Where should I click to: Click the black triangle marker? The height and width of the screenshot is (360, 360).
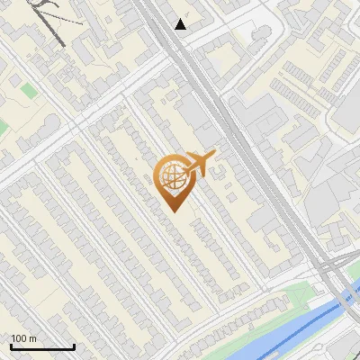[x=181, y=24]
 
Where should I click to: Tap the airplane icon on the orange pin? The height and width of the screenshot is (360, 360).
[x=199, y=164]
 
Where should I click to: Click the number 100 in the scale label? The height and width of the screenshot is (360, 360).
[x=19, y=338]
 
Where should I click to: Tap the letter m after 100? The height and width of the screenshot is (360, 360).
[x=32, y=338]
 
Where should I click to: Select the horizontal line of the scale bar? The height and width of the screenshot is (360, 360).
[x=42, y=347]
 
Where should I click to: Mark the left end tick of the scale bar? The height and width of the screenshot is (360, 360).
[x=11, y=346]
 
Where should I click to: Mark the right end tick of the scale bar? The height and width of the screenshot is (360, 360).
[x=74, y=346]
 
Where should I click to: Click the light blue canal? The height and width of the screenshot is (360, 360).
[x=270, y=337]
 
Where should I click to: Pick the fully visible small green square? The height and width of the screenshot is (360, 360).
[x=30, y=91]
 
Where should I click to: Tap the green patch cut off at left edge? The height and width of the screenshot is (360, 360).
[x=3, y=123]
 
